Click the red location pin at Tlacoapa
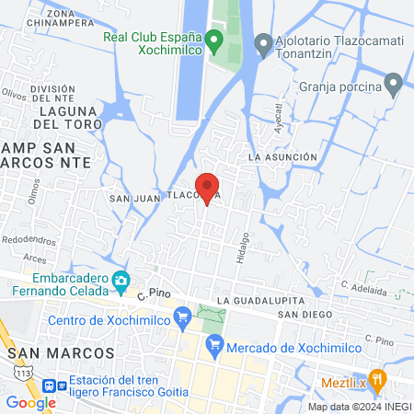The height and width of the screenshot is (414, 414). pyautogui.click(x=208, y=186)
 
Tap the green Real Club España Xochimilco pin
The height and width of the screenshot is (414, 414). pyautogui.click(x=213, y=40)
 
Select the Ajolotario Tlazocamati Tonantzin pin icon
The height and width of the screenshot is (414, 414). pyautogui.click(x=263, y=42)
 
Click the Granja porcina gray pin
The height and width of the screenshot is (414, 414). pyautogui.click(x=394, y=86)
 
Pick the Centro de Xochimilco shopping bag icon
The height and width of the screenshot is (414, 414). pyautogui.click(x=182, y=319)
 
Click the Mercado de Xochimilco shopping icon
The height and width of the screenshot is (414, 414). pyautogui.click(x=213, y=346)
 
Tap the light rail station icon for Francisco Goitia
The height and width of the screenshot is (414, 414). pyautogui.click(x=62, y=386)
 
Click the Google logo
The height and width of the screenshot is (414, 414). pyautogui.click(x=30, y=402)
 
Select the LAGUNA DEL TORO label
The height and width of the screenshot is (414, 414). pyautogui.click(x=63, y=122)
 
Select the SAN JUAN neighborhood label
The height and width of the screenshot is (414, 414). pyautogui.click(x=129, y=198)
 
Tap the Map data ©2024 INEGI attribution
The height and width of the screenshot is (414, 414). pyautogui.click(x=359, y=407)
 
